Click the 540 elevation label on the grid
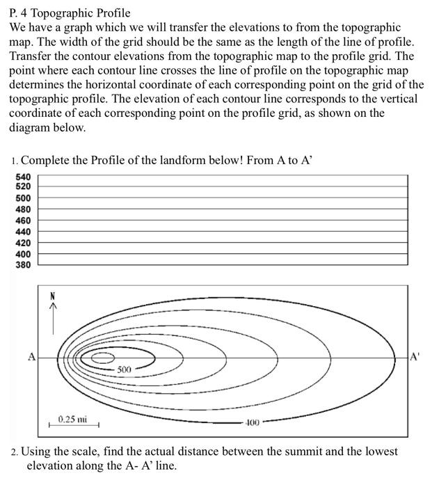[23, 177]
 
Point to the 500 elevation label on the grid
[23, 198]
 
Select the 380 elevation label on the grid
[23, 265]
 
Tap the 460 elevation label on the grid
[23, 221]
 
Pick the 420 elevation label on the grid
[23, 243]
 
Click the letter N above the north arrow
[51, 296]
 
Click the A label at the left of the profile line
[31, 357]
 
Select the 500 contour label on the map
[125, 369]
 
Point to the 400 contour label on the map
[251, 422]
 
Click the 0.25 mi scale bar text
[72, 419]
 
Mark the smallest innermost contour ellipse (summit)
[102, 358]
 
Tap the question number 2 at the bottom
[15, 452]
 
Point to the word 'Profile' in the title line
[111, 13]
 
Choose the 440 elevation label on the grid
[23, 232]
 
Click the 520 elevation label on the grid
[23, 187]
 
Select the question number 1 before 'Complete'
[15, 161]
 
